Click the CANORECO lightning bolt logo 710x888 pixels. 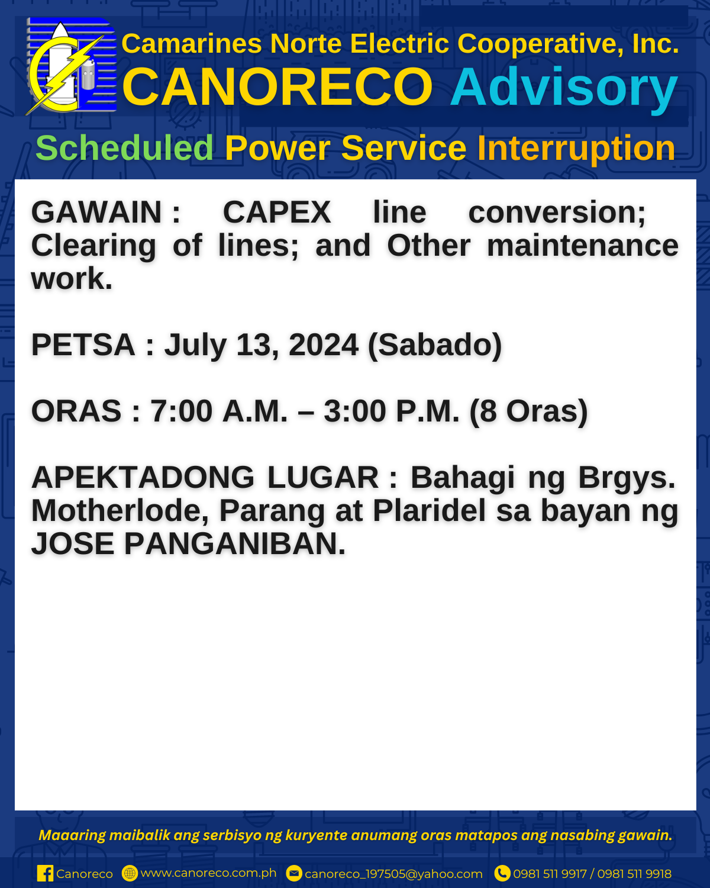(71, 66)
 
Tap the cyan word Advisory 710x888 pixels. (563, 88)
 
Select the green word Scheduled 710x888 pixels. (124, 148)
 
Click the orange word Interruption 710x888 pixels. (576, 149)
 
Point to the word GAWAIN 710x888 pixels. (96, 212)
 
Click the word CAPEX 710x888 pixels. (276, 212)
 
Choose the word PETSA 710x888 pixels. (83, 345)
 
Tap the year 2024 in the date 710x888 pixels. (324, 345)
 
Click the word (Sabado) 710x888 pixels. (435, 345)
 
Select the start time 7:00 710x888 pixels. (181, 411)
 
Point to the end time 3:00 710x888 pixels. (355, 411)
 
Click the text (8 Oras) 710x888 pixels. (528, 412)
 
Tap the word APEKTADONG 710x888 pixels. (143, 477)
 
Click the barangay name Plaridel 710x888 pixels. (430, 511)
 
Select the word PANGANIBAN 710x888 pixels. (235, 544)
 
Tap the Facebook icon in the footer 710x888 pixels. (45, 874)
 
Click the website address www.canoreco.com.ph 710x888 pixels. (208, 873)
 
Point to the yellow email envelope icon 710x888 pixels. (293, 874)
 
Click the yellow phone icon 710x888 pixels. (502, 874)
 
